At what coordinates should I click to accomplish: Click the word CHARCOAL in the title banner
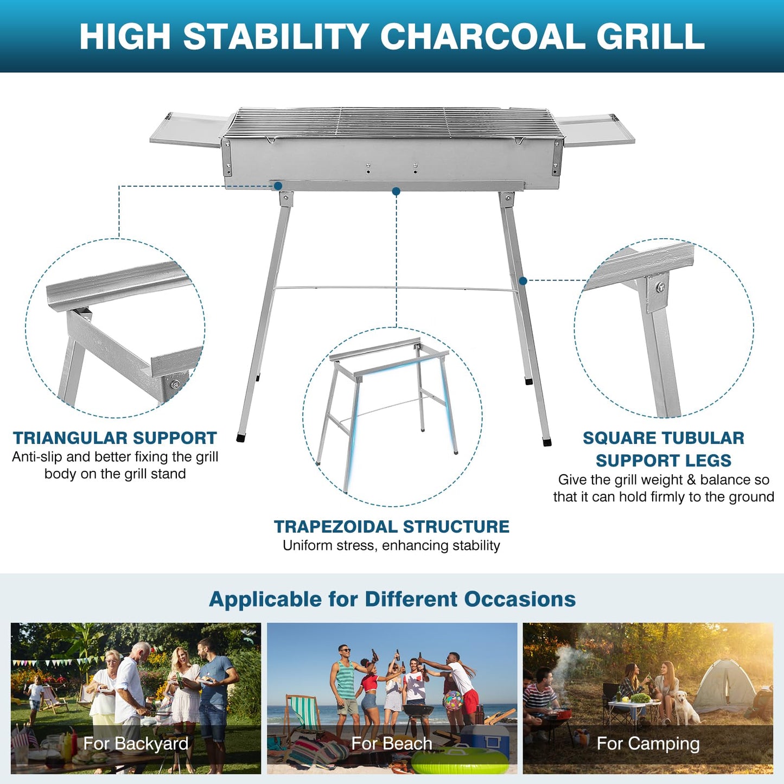(x=482, y=37)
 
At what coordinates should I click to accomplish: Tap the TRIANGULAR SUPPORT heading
(x=114, y=438)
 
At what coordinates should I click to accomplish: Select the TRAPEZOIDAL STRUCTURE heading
(x=391, y=526)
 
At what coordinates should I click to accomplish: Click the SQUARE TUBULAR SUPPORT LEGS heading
(x=663, y=449)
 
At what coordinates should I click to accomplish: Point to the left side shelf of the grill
(x=187, y=129)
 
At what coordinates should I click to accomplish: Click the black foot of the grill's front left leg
(x=241, y=437)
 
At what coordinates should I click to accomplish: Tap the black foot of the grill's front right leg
(x=547, y=442)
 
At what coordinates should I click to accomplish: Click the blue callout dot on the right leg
(x=522, y=281)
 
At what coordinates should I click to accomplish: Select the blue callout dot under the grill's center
(x=396, y=192)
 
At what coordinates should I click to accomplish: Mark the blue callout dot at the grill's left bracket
(x=278, y=186)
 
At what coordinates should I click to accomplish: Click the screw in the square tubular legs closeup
(x=660, y=287)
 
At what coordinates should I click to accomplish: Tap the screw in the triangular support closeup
(x=175, y=384)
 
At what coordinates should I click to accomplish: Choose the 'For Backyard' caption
(x=136, y=743)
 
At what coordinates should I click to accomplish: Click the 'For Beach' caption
(x=392, y=743)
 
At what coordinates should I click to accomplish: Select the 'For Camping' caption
(x=648, y=743)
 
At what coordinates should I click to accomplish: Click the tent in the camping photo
(x=724, y=686)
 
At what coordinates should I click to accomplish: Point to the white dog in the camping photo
(x=685, y=708)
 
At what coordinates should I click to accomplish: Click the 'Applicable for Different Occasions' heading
(x=392, y=599)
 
